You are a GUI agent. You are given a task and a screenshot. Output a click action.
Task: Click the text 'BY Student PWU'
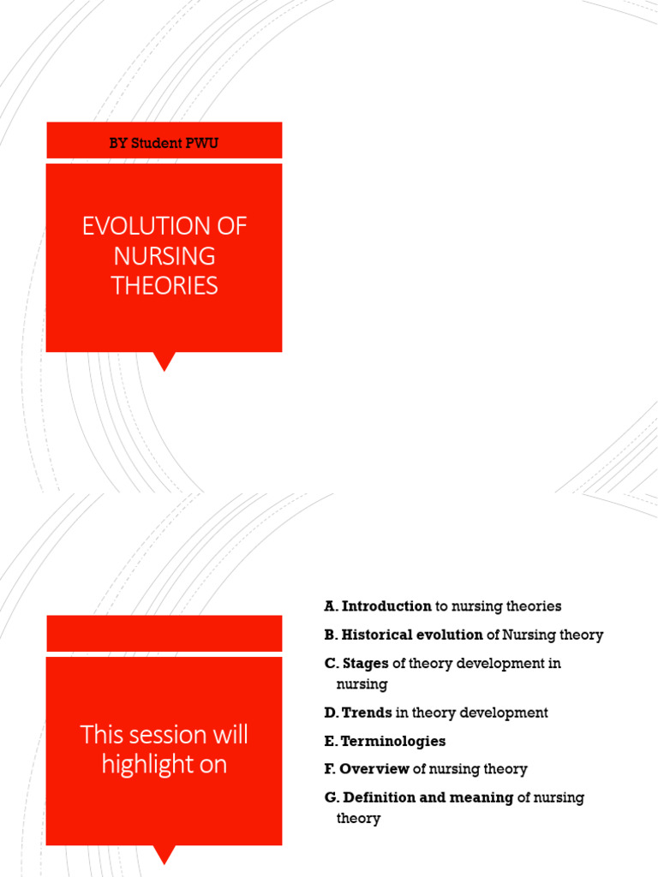coord(164,143)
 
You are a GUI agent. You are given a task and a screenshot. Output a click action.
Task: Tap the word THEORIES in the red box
coord(164,285)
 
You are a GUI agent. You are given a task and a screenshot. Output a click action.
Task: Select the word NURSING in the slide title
coord(164,256)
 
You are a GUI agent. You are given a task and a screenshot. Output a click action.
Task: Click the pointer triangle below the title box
coord(164,361)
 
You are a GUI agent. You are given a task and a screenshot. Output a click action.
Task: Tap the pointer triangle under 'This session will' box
coord(164,854)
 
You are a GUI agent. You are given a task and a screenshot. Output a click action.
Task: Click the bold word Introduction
coord(386,606)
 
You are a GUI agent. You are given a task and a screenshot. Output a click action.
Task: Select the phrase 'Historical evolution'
coord(412,635)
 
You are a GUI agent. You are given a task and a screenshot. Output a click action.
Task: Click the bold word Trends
coord(366,713)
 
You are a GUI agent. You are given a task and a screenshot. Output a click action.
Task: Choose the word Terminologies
coord(392,741)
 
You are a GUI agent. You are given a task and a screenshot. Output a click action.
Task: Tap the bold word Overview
coord(374,769)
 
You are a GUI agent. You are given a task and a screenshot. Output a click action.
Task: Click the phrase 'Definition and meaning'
coord(428,797)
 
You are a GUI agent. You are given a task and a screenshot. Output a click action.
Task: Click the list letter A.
coord(329,606)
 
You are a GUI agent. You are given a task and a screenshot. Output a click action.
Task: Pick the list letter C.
coord(330,663)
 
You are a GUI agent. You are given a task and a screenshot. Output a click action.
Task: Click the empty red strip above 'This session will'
coord(164,633)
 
